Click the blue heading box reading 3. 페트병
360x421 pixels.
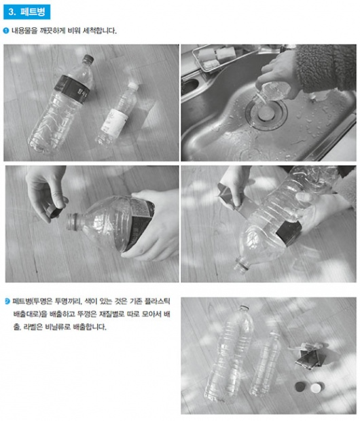tap(26, 12)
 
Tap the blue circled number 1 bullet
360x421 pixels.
tap(6, 31)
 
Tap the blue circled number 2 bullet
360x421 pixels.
tap(7, 301)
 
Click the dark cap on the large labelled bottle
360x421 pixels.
tap(88, 59)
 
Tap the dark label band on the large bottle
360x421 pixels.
tap(73, 88)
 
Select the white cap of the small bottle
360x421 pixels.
tap(133, 86)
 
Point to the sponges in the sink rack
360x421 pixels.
tap(217, 57)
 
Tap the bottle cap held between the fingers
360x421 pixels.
tap(54, 211)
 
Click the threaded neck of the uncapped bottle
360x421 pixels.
tap(73, 221)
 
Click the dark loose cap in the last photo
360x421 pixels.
tap(300, 387)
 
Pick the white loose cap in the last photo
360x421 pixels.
tap(317, 388)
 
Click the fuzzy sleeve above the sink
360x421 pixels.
tap(326, 68)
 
